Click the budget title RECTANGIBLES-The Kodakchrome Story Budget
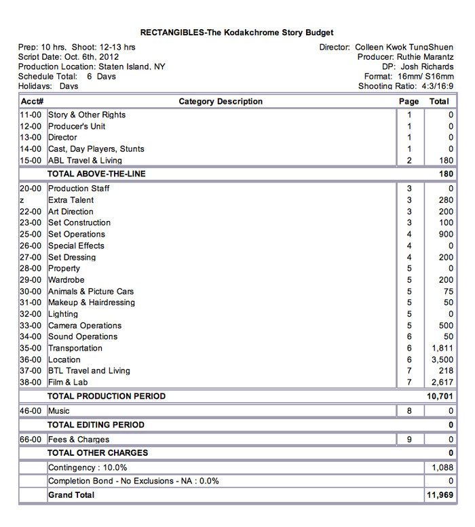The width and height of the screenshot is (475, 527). pyautogui.click(x=237, y=33)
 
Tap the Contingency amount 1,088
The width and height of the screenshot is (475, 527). pyautogui.click(x=442, y=467)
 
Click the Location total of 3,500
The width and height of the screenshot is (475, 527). pyautogui.click(x=442, y=359)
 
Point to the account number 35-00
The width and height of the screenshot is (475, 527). pyautogui.click(x=31, y=348)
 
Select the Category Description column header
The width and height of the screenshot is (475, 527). pyautogui.click(x=221, y=102)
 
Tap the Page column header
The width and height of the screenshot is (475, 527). pyautogui.click(x=409, y=102)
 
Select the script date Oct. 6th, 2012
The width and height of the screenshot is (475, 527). pyautogui.click(x=90, y=57)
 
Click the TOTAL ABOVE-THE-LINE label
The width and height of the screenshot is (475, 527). pyautogui.click(x=96, y=174)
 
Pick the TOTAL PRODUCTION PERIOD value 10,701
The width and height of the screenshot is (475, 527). pyautogui.click(x=439, y=396)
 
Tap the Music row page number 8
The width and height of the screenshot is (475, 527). pyautogui.click(x=409, y=411)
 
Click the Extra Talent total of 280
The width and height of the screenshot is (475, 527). pyautogui.click(x=446, y=200)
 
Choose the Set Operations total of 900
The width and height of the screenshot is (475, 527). pyautogui.click(x=446, y=234)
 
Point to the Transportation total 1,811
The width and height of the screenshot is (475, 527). pyautogui.click(x=442, y=348)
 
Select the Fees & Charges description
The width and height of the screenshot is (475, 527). pyautogui.click(x=79, y=440)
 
